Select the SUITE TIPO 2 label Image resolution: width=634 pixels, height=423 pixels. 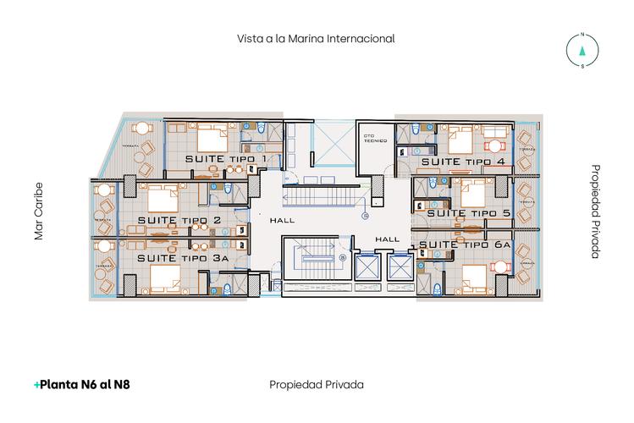pos(179,221)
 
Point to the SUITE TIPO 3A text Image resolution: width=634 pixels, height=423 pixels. pos(184,257)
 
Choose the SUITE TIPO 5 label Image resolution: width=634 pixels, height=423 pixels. pos(468,213)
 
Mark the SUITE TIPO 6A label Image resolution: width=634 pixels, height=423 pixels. pos(465,244)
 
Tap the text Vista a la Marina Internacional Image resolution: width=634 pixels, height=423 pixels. pos(317,39)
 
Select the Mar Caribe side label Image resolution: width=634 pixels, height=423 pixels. pos(38,211)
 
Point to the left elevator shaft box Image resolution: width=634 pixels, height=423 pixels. pos(366,268)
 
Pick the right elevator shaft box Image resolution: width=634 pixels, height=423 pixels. pos(396,268)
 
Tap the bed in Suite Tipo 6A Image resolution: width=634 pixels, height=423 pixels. pos(475,277)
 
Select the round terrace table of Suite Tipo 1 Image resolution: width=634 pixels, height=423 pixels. pos(141,129)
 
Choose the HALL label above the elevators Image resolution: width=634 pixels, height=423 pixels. pos(387,239)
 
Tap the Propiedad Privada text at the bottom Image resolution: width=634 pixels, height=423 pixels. pos(316,384)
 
